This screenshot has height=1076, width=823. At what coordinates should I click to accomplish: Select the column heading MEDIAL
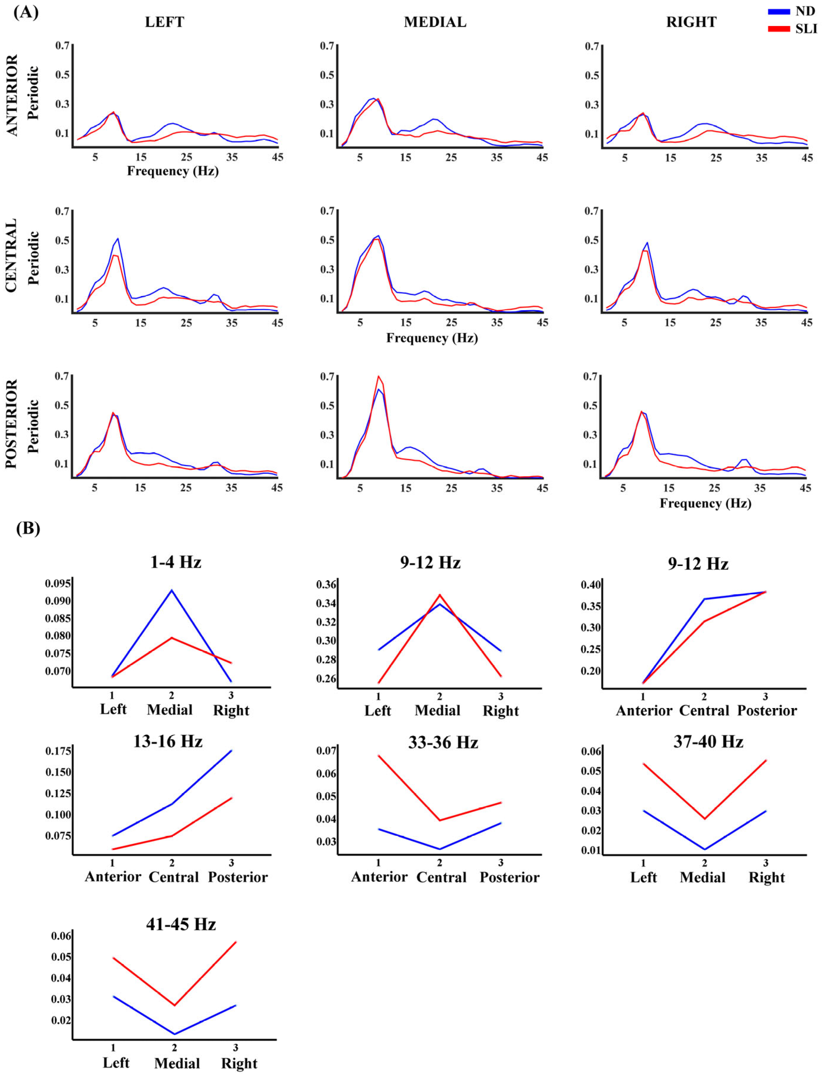tap(435, 22)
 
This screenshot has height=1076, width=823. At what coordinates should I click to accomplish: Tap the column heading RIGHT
tap(691, 22)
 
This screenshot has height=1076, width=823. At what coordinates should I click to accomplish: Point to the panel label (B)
tap(28, 528)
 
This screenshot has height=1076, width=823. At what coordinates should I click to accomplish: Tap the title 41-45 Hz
tap(181, 924)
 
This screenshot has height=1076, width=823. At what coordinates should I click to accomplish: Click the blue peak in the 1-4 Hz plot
tap(171, 591)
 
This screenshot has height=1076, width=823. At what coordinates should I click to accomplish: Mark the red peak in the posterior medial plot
tap(378, 376)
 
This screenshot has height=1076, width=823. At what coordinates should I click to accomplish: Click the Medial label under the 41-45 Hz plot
tap(177, 1063)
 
